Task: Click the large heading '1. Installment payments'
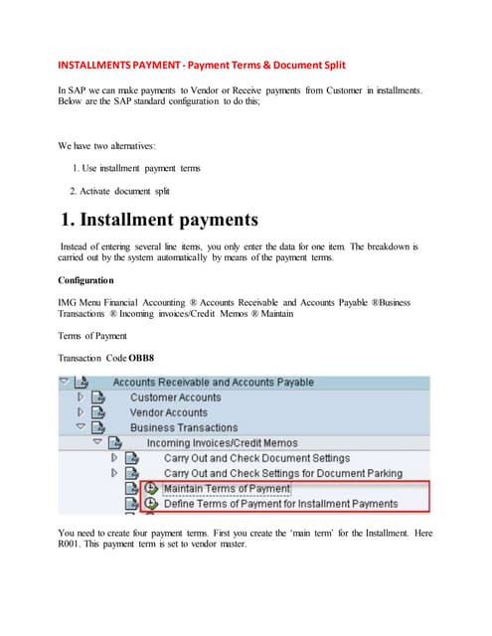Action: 159,219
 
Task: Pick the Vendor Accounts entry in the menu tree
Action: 168,412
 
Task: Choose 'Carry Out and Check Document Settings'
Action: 256,458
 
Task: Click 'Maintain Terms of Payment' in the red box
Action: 226,489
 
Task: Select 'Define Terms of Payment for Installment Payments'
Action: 280,504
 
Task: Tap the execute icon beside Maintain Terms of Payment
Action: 151,489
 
